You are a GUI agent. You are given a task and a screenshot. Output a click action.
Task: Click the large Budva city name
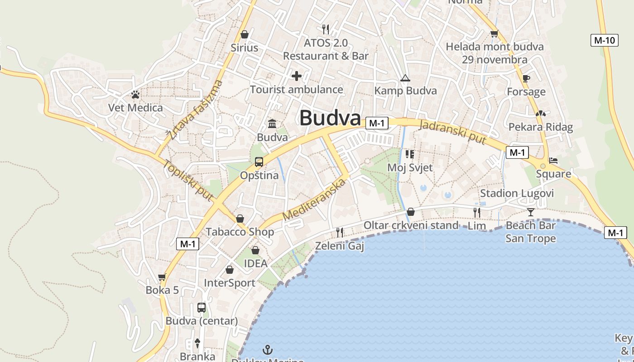pyautogui.click(x=330, y=118)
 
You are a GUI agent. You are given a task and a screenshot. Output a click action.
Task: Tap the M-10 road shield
pyautogui.click(x=605, y=40)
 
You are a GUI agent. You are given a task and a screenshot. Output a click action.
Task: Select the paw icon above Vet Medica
pyautogui.click(x=135, y=95)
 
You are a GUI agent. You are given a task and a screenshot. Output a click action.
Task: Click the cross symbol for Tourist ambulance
pyautogui.click(x=297, y=76)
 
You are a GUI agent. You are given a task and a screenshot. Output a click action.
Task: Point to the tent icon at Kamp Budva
pyautogui.click(x=405, y=78)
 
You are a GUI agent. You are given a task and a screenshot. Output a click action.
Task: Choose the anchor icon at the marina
pyautogui.click(x=268, y=349)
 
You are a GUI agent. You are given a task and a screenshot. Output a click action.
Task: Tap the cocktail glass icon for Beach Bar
pyautogui.click(x=530, y=212)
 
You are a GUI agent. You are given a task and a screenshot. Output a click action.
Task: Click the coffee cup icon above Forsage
pyautogui.click(x=526, y=78)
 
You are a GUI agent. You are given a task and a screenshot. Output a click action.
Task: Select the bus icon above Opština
pyautogui.click(x=259, y=162)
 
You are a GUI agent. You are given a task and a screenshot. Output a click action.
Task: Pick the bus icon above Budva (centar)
pyautogui.click(x=202, y=308)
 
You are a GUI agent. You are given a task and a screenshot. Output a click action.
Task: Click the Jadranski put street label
pyautogui.click(x=453, y=132)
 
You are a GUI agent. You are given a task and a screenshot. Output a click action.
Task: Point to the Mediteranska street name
pyautogui.click(x=314, y=200)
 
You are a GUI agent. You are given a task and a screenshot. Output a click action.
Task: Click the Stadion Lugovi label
pyautogui.click(x=517, y=194)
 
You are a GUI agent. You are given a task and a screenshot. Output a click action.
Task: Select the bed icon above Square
pyautogui.click(x=553, y=160)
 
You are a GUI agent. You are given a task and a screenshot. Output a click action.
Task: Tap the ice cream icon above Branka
pyautogui.click(x=197, y=343)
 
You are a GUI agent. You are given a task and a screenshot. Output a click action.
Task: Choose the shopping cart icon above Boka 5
pyautogui.click(x=162, y=277)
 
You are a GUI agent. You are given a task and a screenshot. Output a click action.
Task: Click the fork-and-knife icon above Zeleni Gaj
pyautogui.click(x=340, y=232)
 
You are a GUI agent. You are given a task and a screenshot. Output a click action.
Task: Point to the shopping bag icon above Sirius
pyautogui.click(x=245, y=34)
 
